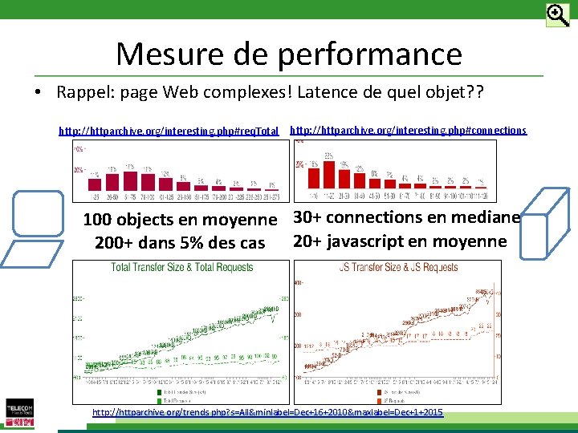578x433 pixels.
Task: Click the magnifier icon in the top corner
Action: [557, 15]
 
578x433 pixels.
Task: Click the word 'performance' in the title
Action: [370, 55]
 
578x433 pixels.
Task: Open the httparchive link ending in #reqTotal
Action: [169, 130]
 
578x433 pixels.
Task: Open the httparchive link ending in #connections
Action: [408, 130]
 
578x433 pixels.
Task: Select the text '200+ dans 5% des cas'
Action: [180, 243]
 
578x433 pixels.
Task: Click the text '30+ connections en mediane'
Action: [406, 217]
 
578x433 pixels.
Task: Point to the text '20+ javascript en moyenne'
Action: [400, 241]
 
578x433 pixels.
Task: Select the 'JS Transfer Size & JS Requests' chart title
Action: [398, 268]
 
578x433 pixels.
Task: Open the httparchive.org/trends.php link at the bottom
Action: [267, 412]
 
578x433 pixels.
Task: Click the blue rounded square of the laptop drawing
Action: [38, 213]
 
